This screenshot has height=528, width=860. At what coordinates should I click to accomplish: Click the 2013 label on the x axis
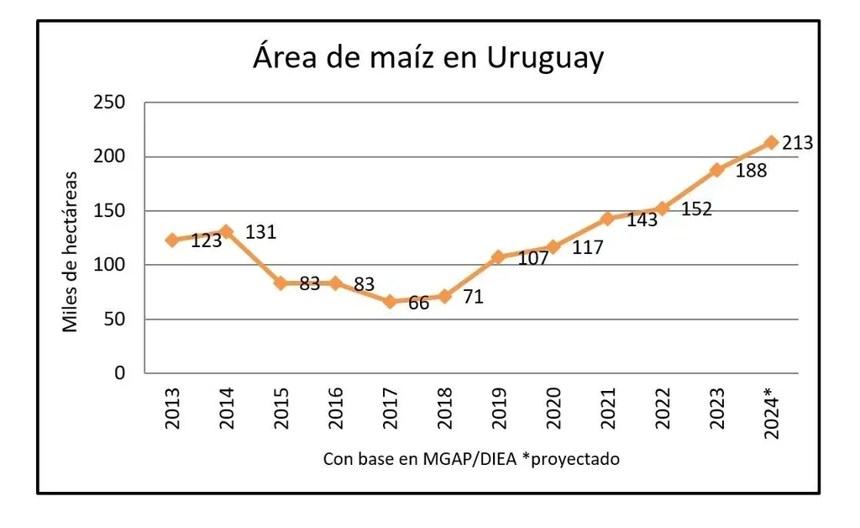(173, 408)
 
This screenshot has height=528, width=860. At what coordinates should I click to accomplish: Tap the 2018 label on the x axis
(445, 408)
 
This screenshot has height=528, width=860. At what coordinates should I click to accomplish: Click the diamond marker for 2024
(771, 142)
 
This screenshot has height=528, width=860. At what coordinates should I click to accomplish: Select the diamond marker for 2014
(226, 231)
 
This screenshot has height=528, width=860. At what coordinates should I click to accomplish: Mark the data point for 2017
(390, 301)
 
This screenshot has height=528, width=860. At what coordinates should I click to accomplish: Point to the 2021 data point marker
(607, 219)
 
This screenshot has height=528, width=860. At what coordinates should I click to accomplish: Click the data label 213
(798, 143)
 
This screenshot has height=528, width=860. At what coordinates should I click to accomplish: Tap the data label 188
(751, 172)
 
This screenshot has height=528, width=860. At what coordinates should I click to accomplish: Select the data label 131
(261, 231)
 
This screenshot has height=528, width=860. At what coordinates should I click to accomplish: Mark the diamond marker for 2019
(498, 256)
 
